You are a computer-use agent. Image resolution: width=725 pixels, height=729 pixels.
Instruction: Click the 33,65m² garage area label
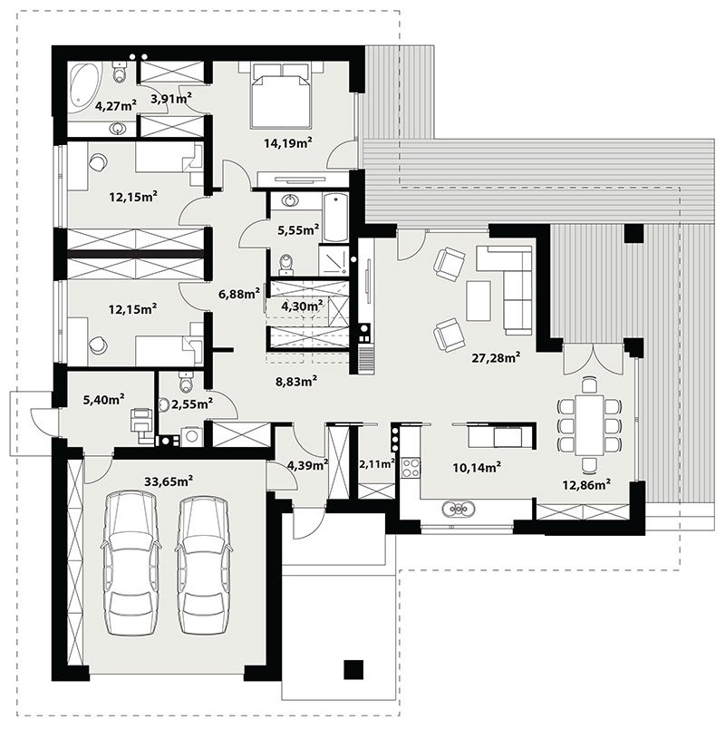click(169, 481)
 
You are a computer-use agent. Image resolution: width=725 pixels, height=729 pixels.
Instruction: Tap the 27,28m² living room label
click(496, 357)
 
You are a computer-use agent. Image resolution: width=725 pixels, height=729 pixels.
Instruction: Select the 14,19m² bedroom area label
click(287, 142)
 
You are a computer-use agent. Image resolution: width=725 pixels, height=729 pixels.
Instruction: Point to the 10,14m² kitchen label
click(477, 467)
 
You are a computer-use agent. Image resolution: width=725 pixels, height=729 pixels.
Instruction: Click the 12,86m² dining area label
click(586, 485)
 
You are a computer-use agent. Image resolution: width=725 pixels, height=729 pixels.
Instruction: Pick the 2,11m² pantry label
click(377, 463)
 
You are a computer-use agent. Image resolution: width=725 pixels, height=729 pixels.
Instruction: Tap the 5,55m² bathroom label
click(298, 229)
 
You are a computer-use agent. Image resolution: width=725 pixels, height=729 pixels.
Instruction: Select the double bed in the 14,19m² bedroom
click(280, 95)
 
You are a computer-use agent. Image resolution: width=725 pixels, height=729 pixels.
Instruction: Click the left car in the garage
click(131, 563)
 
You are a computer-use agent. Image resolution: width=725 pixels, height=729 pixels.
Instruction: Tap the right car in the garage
click(204, 564)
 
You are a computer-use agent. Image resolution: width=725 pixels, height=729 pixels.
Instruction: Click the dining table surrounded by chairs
click(589, 424)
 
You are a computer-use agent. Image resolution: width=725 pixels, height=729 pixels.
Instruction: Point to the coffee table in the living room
click(478, 300)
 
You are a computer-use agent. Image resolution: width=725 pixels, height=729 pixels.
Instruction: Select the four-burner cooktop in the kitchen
click(411, 468)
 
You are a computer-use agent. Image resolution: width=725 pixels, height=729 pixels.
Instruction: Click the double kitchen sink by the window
click(459, 509)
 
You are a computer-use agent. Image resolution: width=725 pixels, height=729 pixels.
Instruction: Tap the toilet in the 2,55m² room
click(185, 382)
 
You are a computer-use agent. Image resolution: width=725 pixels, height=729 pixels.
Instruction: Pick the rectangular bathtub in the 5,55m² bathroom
click(335, 218)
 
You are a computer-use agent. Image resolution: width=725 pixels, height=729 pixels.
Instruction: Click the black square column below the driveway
click(353, 669)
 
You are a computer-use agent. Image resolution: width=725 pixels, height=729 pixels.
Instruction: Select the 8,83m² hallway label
click(296, 382)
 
